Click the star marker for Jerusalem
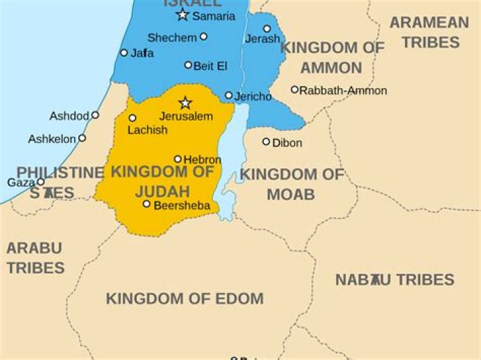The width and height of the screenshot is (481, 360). click(x=185, y=103)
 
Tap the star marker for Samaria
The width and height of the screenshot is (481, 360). click(x=182, y=15)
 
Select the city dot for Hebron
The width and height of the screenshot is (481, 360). click(x=178, y=159)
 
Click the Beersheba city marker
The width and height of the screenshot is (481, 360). click(x=146, y=204)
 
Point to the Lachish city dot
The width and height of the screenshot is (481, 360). click(x=132, y=118)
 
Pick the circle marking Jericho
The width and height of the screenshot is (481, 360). click(x=228, y=96)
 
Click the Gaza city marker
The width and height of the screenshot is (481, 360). click(x=41, y=182)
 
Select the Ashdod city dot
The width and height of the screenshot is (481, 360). click(x=95, y=115)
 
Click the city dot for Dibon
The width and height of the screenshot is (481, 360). click(x=266, y=142)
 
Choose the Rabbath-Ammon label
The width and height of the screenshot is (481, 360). click(x=343, y=90)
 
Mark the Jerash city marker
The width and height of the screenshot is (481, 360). click(x=267, y=29)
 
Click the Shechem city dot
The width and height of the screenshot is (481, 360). click(x=204, y=37)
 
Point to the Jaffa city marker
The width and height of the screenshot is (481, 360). click(x=124, y=52)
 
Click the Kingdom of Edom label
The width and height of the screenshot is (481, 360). click(x=184, y=299)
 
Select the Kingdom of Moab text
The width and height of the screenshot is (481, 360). click(x=291, y=184)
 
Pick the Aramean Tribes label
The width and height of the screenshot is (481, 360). click(x=430, y=32)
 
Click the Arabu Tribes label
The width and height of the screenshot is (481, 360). click(x=35, y=258)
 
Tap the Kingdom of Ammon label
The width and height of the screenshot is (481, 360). click(x=332, y=57)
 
